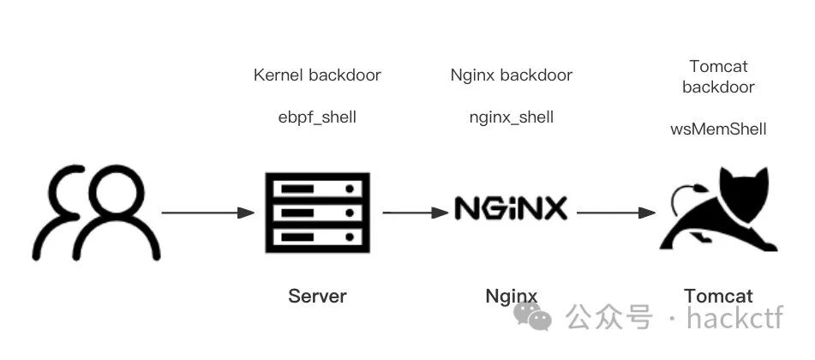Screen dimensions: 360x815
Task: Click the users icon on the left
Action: coord(97,213)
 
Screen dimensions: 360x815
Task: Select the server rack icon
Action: coord(317,212)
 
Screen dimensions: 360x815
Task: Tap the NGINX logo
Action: coord(511,208)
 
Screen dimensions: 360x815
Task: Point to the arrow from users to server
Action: coord(208,212)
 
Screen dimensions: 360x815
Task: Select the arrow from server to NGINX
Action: coord(416,212)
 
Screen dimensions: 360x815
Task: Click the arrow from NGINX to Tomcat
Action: coord(612,212)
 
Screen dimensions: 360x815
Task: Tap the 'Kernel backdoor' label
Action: coord(317,75)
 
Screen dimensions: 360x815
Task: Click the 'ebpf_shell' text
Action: coord(317,117)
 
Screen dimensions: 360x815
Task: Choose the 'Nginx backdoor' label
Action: coord(512,75)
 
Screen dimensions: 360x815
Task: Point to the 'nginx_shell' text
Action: coord(512,117)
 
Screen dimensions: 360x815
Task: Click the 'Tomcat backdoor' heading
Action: coord(718,76)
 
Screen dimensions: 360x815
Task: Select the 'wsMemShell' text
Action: coord(718,129)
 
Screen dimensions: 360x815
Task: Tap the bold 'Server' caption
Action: coord(317,297)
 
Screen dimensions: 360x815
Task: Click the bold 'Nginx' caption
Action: coord(512,297)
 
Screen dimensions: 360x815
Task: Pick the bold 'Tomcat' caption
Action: coord(718,297)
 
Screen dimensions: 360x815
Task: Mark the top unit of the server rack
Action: coord(317,188)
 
